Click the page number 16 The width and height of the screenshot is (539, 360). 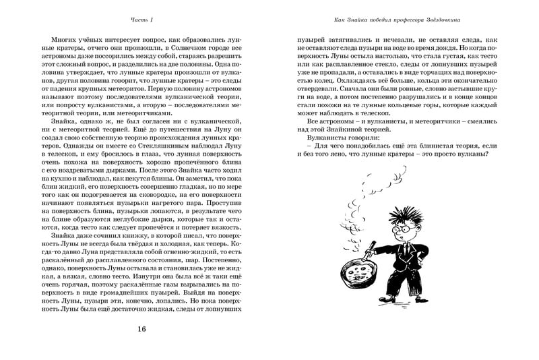[141, 328]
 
